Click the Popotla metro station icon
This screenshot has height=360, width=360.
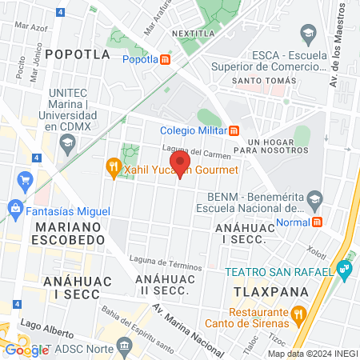point(165,58)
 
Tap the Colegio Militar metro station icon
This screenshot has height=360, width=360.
point(234,130)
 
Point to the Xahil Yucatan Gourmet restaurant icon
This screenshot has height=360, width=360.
point(114,169)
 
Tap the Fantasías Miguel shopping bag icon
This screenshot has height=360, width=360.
point(14,210)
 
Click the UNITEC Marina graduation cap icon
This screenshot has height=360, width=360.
point(68,142)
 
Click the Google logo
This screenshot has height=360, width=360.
point(26,349)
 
